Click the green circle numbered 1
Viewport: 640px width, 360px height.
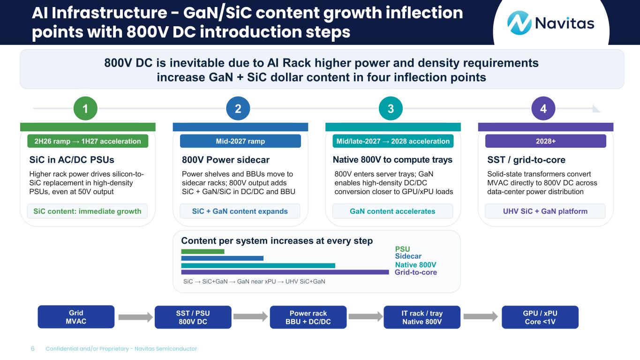85,109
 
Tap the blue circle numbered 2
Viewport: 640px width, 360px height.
238,109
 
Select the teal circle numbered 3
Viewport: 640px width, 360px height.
391,109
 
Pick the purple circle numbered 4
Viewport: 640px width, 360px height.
543,109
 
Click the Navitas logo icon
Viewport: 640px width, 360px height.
519,23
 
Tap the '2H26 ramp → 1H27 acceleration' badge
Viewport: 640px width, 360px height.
88,141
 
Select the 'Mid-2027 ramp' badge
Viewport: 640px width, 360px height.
240,141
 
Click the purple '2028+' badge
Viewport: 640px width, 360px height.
545,141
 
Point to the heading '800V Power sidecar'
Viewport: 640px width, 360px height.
226,160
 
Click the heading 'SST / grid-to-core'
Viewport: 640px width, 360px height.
526,160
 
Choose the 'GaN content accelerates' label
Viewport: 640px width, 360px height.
392,211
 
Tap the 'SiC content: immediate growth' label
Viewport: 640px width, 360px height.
87,211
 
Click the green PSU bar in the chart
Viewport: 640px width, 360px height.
203,251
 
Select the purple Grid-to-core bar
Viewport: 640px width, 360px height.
285,272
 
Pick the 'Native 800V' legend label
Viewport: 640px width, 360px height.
416,265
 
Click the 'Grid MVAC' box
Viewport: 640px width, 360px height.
76,317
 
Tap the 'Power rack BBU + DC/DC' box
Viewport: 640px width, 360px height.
308,317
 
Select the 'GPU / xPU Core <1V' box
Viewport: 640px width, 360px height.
540,317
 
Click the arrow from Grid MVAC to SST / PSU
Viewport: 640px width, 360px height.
136,317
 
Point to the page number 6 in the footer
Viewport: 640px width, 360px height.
32,349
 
